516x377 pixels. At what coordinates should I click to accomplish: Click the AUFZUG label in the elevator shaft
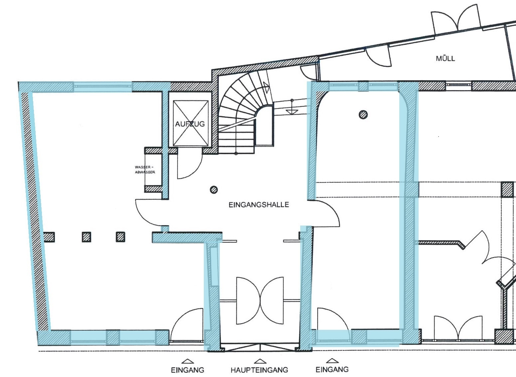(x=190, y=124)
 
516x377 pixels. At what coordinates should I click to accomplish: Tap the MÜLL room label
(x=445, y=58)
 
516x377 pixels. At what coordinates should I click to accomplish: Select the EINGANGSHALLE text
(x=259, y=205)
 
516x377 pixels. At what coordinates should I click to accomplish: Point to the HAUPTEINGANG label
(x=259, y=370)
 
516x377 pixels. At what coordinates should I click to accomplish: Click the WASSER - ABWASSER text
(x=145, y=170)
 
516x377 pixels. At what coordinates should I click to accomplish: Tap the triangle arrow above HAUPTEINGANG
(x=260, y=361)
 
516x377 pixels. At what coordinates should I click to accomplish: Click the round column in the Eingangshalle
(x=214, y=190)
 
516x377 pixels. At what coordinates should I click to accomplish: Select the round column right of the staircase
(x=363, y=115)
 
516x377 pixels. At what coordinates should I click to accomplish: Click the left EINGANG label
(x=188, y=370)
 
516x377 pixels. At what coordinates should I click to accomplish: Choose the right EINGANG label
(x=332, y=369)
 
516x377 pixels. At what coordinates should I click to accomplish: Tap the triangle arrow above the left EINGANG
(x=188, y=361)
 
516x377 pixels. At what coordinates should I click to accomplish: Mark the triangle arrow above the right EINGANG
(x=332, y=361)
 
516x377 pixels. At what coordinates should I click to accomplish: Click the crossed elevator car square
(x=191, y=123)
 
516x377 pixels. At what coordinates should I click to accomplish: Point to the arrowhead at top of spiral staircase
(x=267, y=87)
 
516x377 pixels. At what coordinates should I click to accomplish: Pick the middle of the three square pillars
(x=86, y=237)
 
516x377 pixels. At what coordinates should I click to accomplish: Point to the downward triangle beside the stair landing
(x=292, y=112)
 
